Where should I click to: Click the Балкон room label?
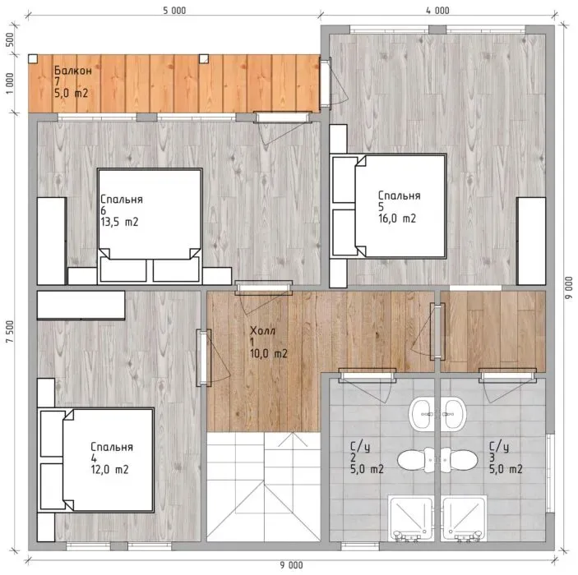[x=73, y=70]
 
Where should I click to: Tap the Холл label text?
[x=262, y=330]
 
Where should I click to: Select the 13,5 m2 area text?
[x=119, y=222]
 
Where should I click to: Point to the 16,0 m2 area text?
[x=397, y=218]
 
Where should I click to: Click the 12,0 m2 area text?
[x=110, y=469]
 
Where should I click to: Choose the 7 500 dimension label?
[x=10, y=332]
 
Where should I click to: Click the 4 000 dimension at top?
[x=437, y=11]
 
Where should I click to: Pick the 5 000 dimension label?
[x=174, y=11]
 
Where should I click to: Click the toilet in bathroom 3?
[x=460, y=460]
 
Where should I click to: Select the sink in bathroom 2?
[x=422, y=414]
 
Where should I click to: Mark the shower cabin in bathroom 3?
[x=464, y=519]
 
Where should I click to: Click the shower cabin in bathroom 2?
[x=411, y=519]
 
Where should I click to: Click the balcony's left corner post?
[x=33, y=58]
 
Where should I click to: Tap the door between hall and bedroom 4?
[x=203, y=357]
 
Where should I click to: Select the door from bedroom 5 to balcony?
[x=326, y=82]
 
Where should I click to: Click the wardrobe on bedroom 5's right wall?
[x=531, y=241]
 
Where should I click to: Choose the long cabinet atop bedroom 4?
[x=81, y=305]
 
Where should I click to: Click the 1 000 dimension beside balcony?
[x=10, y=83]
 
